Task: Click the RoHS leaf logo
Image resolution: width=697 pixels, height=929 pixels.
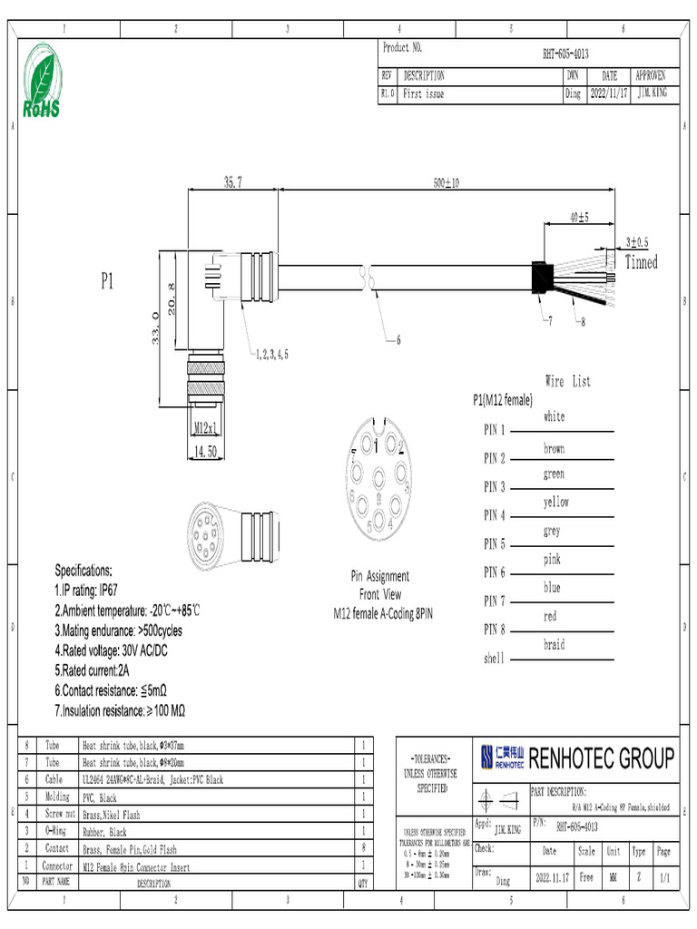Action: coord(42,80)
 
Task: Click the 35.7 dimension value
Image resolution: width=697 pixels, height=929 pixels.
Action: coord(232,183)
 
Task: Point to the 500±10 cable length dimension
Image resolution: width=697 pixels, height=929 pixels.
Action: coord(446,183)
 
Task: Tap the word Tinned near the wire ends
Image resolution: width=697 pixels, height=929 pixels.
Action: coord(641,263)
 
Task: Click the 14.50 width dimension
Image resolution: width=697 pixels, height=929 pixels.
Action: coord(206,450)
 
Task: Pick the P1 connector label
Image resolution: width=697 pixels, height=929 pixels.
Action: coord(107,282)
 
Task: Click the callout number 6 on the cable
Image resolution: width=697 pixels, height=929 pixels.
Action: coord(397,340)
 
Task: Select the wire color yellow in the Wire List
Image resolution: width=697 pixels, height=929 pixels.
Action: coord(555,502)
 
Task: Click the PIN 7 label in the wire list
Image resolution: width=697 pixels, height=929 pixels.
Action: coord(495,601)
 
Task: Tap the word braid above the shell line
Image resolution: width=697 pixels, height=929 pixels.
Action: coord(554,645)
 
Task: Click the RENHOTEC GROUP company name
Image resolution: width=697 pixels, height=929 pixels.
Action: coord(601,758)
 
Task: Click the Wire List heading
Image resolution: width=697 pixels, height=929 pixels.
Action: coord(567,381)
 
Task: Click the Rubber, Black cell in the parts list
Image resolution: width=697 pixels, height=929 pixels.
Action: coord(104,832)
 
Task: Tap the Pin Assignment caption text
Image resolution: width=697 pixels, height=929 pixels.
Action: coord(379,576)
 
